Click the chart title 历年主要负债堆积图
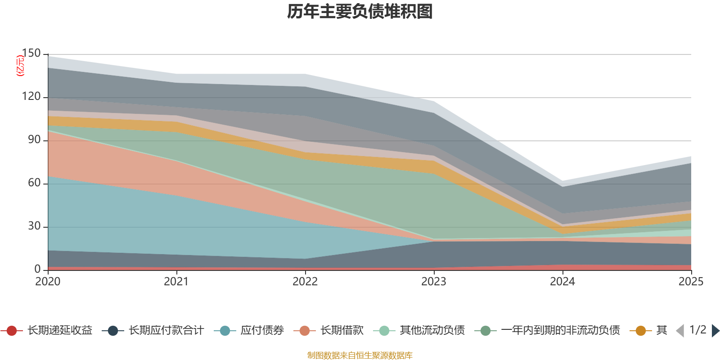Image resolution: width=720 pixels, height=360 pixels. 360,12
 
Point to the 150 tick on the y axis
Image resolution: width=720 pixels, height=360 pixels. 31,54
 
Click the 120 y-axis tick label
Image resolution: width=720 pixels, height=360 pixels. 31,97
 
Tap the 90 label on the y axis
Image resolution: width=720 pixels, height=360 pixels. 34,140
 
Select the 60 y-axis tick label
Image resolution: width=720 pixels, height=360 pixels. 34,183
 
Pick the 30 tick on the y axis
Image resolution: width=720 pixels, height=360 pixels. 34,226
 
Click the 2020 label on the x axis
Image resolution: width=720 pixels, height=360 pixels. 48,282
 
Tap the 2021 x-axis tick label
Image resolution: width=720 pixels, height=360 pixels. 176,282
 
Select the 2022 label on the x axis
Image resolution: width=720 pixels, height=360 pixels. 305,282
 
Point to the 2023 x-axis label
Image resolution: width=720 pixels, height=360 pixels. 434,282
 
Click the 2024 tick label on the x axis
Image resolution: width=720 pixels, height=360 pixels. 562,282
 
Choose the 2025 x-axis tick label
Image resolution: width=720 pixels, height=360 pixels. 690,282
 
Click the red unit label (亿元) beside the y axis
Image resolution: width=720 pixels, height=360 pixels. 20,66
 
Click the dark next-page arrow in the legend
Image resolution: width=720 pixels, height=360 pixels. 715,331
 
